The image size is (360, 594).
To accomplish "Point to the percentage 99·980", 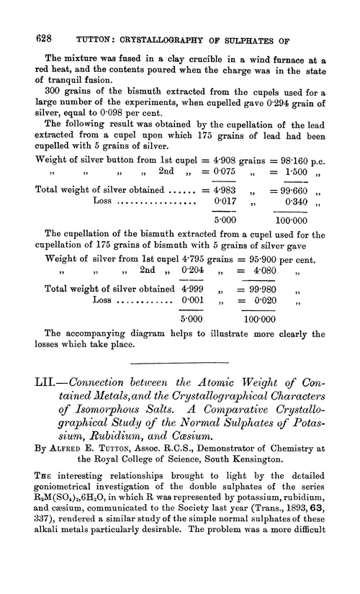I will pyautogui.click(x=263, y=308).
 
